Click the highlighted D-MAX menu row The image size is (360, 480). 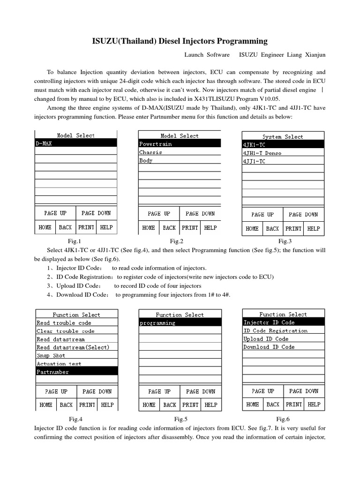point(76,143)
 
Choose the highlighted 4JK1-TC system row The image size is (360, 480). point(282,145)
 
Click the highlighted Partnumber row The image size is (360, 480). point(77,372)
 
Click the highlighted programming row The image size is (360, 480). point(180,323)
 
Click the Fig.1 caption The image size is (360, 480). point(75,241)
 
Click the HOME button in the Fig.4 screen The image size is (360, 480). point(46,405)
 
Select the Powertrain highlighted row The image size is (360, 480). point(180,144)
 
